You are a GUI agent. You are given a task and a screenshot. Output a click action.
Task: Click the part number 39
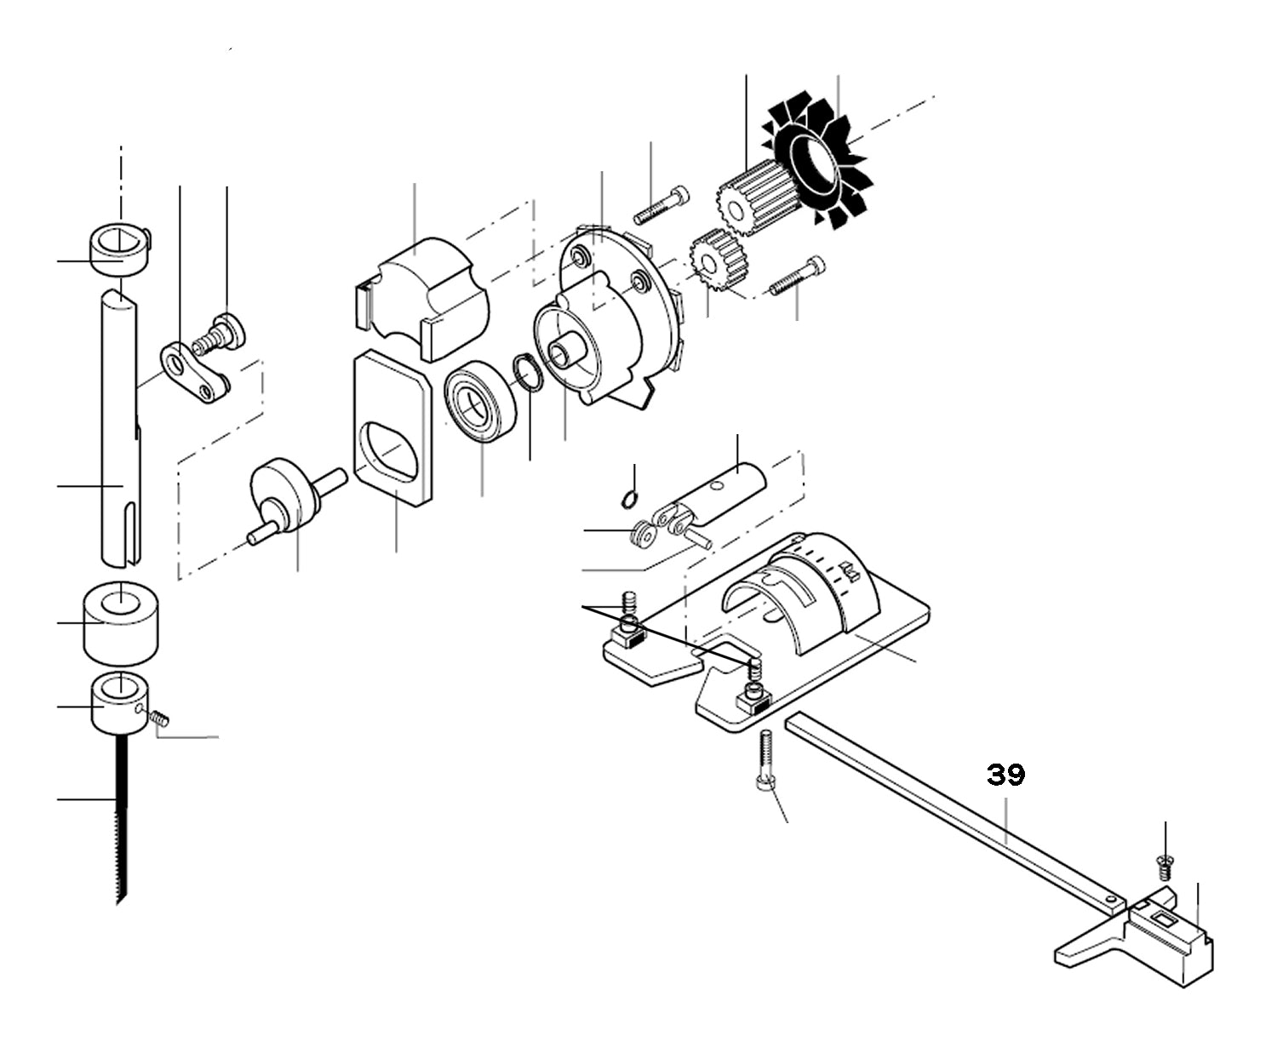point(1006,775)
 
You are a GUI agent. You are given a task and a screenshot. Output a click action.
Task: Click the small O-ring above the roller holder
point(629,498)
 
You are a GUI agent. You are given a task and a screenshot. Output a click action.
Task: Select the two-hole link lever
point(195,375)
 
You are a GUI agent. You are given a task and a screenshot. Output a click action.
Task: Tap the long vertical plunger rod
point(121,426)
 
